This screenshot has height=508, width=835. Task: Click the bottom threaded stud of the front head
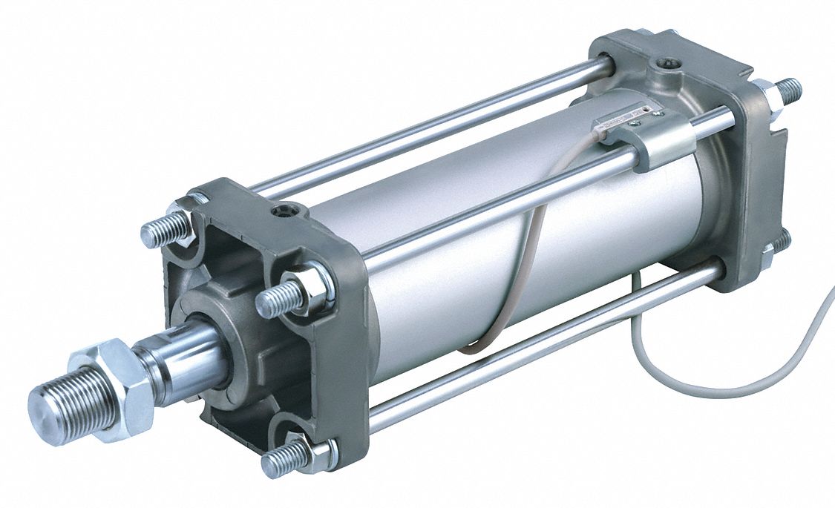[x=285, y=458]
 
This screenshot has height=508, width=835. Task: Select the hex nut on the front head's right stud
[x=312, y=287]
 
